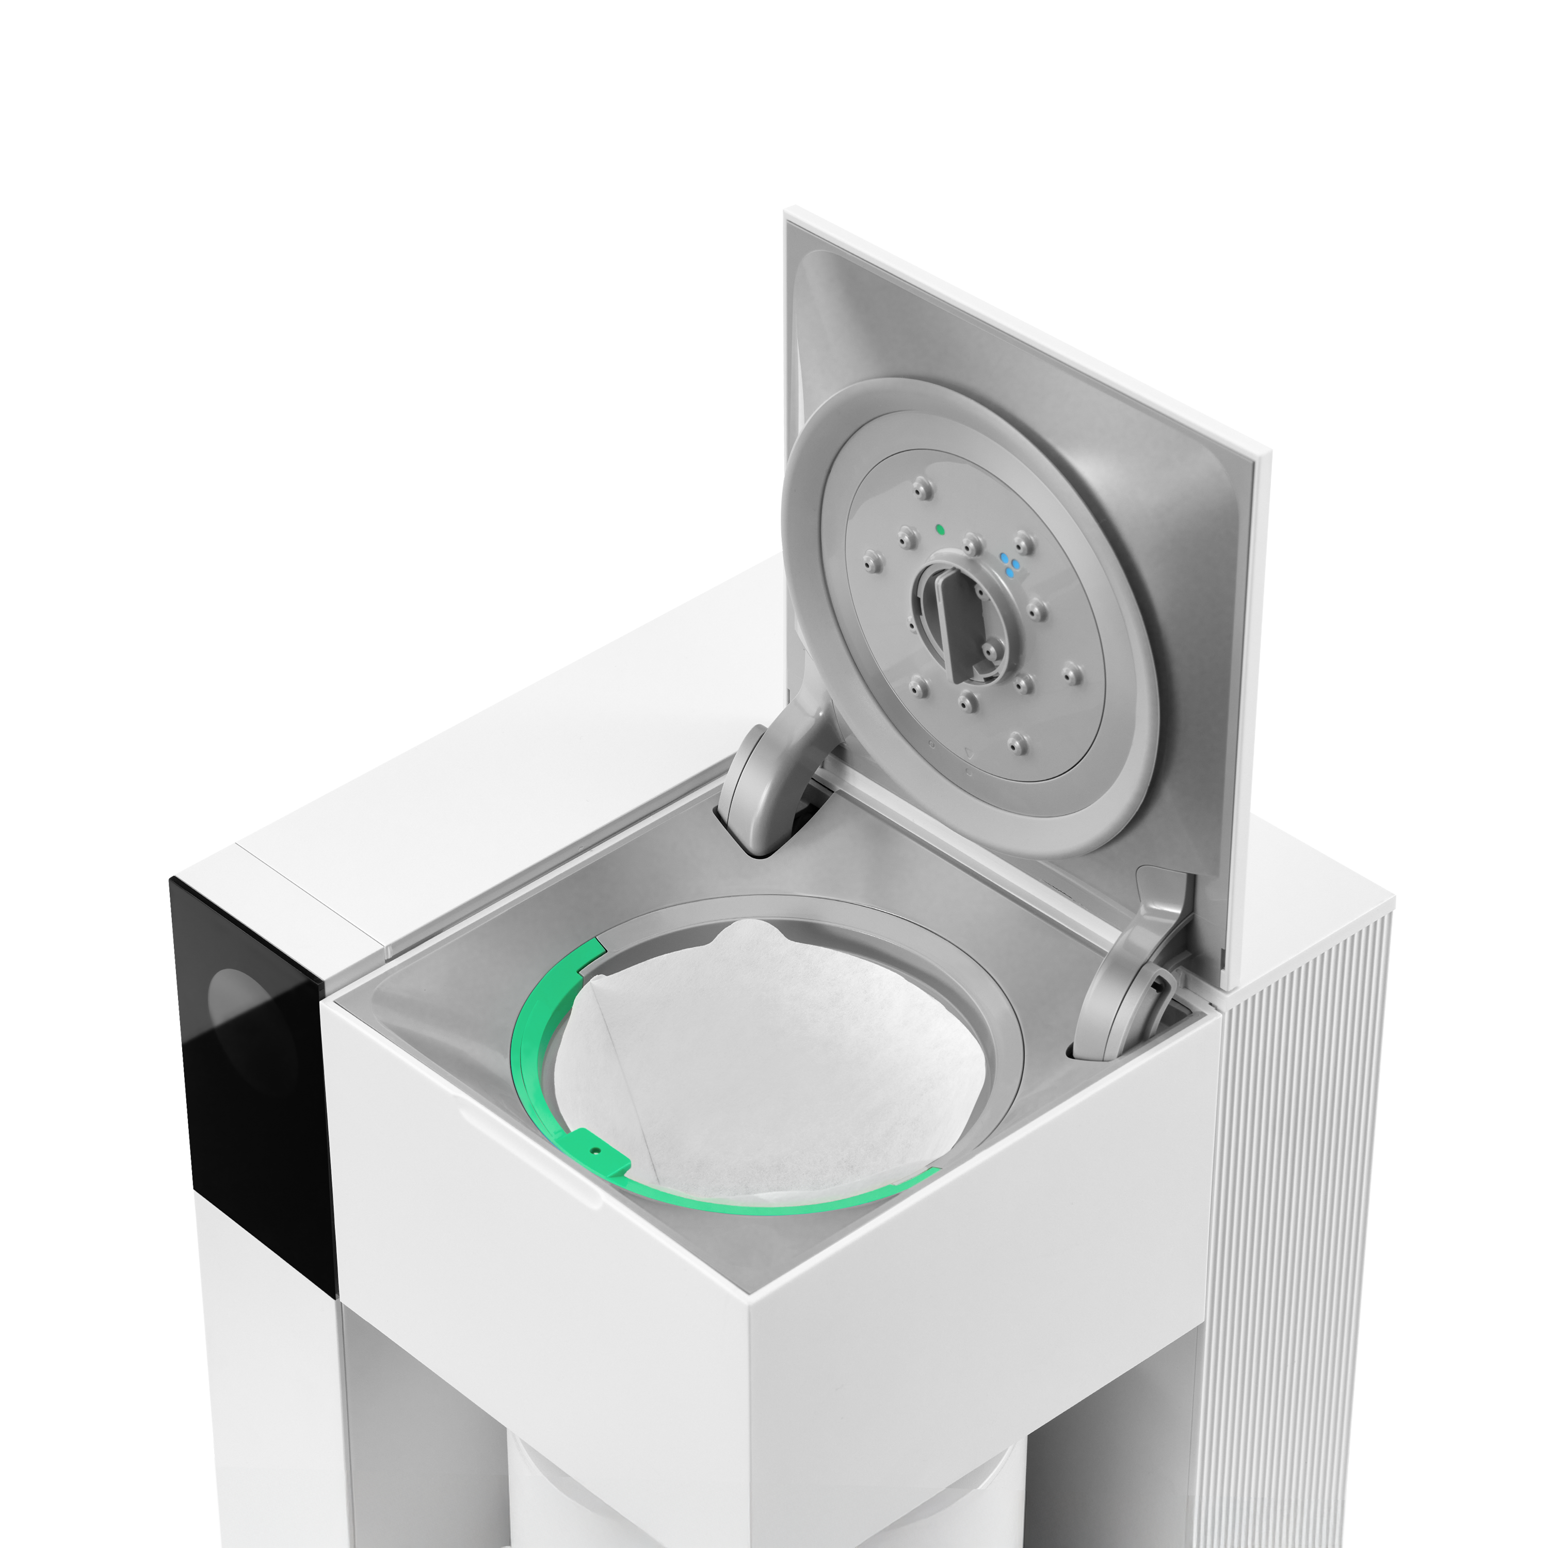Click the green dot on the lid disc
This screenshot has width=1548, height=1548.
[940, 529]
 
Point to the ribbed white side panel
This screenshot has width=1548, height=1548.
[1290, 1202]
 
